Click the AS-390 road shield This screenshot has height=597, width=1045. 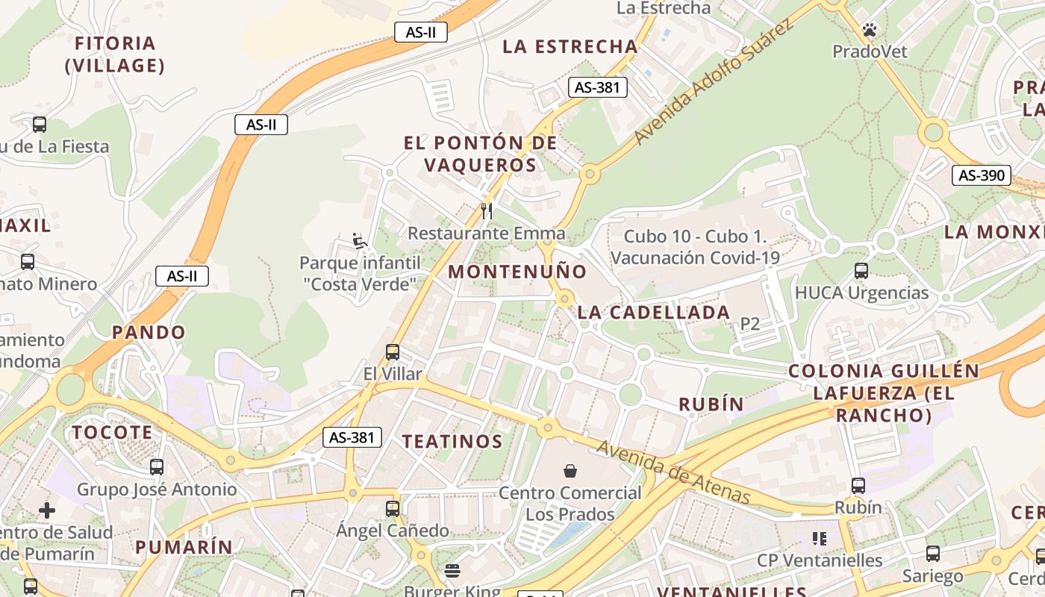pos(981,175)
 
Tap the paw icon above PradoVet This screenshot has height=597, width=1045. pos(870,30)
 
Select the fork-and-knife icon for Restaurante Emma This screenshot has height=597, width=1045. pos(487,211)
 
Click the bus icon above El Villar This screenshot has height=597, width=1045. pos(393,351)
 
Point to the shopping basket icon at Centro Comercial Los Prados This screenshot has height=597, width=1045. pos(570,470)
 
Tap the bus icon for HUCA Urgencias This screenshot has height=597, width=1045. pos(861,270)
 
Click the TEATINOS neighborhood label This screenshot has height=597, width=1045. pos(452,441)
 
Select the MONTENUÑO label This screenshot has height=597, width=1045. pos(517,272)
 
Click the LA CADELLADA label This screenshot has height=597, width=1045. pos(654,313)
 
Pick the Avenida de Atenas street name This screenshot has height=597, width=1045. pos(673,472)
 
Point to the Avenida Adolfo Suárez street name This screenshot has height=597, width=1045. pos(711,82)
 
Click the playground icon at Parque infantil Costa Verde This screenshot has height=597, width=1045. pos(360,240)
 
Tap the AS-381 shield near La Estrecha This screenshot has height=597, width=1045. pos(597,87)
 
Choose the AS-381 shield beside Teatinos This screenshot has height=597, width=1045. pos(352,437)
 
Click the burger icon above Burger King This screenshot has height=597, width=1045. pos(452,571)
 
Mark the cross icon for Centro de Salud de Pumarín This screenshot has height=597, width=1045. pos(47,510)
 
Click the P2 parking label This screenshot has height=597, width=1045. pos(749,324)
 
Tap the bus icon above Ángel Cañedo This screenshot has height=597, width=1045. pos(393,508)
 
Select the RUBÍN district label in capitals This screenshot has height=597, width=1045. pos(711,404)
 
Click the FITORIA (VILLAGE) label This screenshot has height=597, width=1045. pos(115,54)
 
